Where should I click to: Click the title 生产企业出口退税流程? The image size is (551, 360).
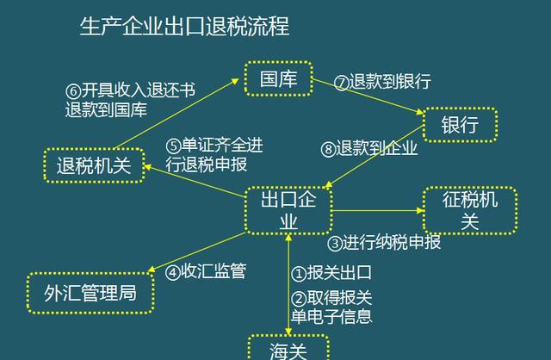(x=184, y=26)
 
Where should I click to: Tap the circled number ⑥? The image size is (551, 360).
(x=73, y=91)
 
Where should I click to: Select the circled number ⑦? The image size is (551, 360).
(x=341, y=83)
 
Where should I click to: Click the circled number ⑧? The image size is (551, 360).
(x=328, y=149)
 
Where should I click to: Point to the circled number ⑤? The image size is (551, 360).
(x=173, y=146)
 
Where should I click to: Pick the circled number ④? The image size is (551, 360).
(x=173, y=272)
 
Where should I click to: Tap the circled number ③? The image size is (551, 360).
(x=335, y=243)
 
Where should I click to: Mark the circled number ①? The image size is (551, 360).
(x=299, y=274)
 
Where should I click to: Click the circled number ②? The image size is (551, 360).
(x=299, y=299)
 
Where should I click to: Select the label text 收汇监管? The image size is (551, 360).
(x=214, y=271)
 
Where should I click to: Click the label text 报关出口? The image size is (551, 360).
(x=339, y=272)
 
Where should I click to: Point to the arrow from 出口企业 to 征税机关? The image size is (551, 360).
(x=378, y=211)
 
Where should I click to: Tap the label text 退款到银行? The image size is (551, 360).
(x=390, y=81)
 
